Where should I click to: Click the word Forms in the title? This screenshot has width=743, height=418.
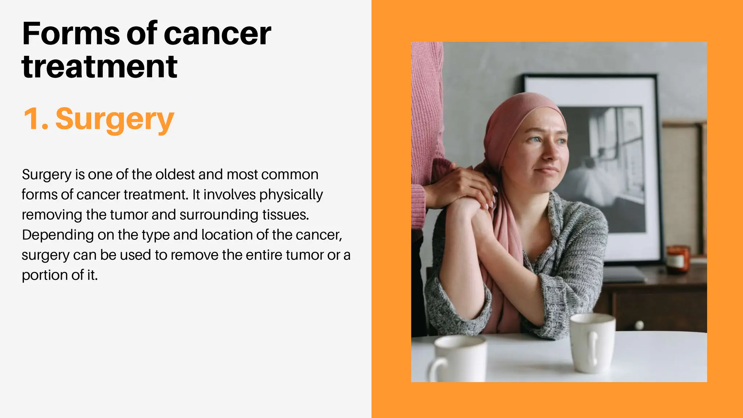point(70,33)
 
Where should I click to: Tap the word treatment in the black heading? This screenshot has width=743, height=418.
point(99,67)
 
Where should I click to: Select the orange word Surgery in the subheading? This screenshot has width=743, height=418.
point(115,119)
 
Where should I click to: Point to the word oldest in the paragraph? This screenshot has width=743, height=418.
point(175,175)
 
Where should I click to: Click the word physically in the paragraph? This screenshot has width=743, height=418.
point(291,195)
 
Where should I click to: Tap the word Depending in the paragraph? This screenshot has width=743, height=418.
point(58,235)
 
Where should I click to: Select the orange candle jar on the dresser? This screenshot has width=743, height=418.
point(677,259)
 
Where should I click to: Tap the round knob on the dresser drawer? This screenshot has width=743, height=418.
point(640,325)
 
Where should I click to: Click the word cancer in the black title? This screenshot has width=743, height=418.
point(217,33)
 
